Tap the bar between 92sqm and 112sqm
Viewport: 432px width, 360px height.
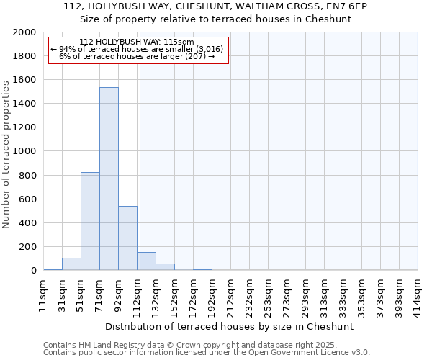127,238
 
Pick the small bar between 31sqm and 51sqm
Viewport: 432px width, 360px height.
71,264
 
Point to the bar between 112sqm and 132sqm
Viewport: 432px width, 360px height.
147,261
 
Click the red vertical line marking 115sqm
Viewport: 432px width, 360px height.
140,166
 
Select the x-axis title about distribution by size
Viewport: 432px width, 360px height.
230,326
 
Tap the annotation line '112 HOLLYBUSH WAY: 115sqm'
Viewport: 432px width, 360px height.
137,42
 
